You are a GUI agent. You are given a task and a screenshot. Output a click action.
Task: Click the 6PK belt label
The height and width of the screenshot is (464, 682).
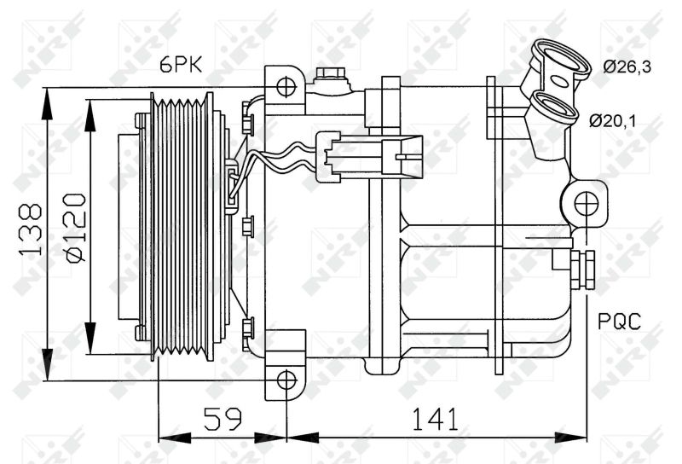click(x=181, y=66)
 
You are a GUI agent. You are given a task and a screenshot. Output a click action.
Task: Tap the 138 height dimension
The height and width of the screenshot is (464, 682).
click(x=31, y=229)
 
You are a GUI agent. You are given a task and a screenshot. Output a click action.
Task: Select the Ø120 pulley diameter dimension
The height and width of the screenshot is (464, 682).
click(x=75, y=228)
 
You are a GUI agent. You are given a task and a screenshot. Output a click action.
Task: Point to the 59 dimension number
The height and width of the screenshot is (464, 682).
click(x=223, y=419)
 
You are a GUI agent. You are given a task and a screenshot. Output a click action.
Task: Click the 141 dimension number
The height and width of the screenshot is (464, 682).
click(x=435, y=419)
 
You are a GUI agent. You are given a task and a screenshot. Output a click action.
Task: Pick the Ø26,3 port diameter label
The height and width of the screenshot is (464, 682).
click(x=627, y=67)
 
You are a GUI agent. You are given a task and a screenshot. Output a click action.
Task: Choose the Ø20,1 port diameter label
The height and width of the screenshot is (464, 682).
click(x=612, y=120)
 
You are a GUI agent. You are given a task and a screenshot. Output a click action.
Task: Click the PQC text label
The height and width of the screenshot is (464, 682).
click(x=619, y=322)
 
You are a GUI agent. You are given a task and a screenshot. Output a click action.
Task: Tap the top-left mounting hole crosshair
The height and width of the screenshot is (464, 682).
click(x=286, y=86)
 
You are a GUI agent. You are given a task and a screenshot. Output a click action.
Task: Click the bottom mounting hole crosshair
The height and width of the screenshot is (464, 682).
click(x=286, y=380)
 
